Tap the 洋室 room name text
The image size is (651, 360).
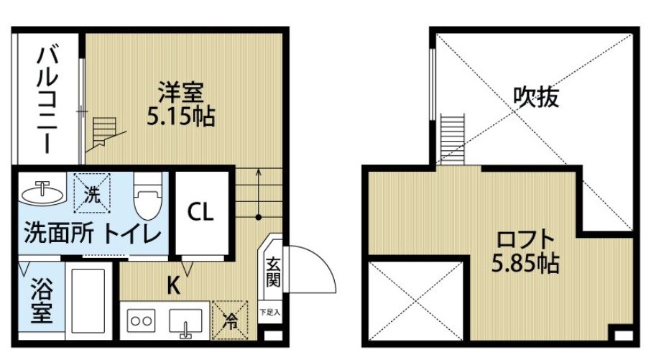pyautogui.click(x=181, y=93)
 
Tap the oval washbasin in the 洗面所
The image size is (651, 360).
pyautogui.click(x=42, y=193)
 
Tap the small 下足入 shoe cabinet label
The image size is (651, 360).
pyautogui.click(x=271, y=312)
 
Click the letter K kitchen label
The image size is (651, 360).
pyautogui.click(x=173, y=286)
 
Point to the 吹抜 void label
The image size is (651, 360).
pyautogui.click(x=536, y=97)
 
